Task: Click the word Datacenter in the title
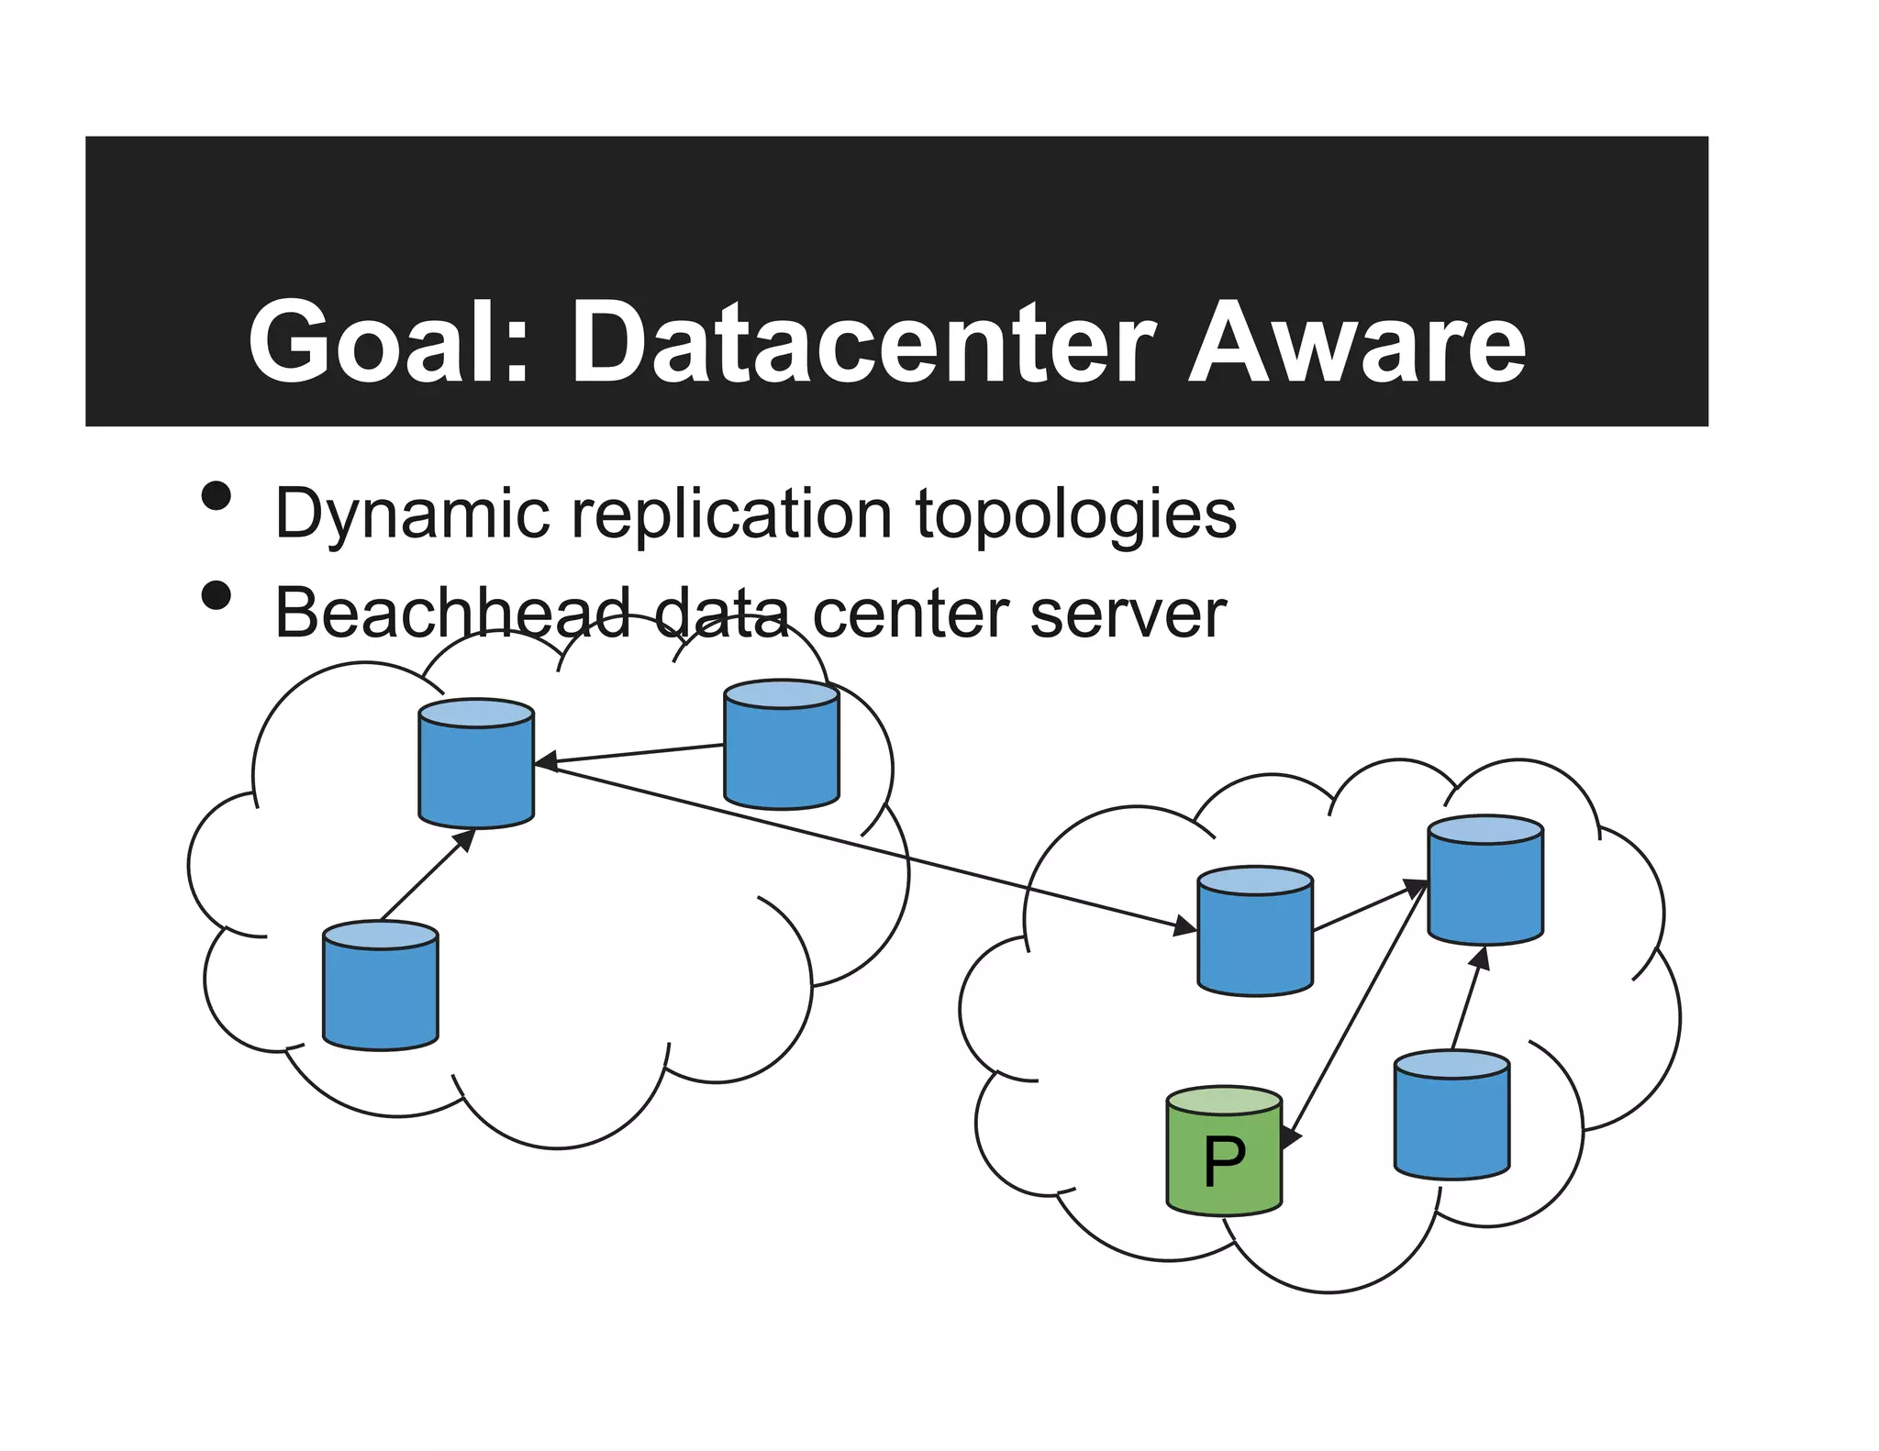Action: [862, 341]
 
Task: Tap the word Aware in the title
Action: [1356, 341]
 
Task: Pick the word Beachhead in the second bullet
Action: [452, 613]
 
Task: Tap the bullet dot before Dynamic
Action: [217, 496]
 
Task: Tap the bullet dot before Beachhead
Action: [217, 595]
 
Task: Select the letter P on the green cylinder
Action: [1224, 1161]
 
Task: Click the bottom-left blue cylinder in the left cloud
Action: [380, 986]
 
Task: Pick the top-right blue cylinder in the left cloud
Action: [781, 745]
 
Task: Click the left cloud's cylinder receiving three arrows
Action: [475, 764]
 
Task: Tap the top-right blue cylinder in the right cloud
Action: [1484, 881]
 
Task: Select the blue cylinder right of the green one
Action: [1451, 1115]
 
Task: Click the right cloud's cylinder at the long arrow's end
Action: [1254, 931]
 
